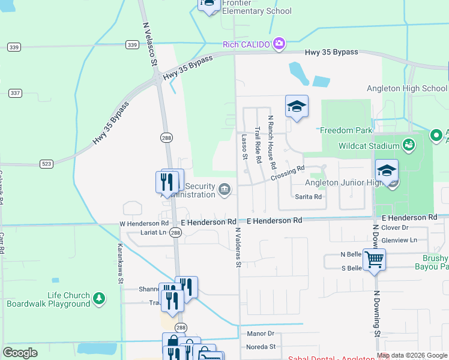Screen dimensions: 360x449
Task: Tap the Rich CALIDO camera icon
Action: coord(279,43)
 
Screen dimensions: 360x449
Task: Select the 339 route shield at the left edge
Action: coord(14,47)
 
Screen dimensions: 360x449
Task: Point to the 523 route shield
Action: coord(47,163)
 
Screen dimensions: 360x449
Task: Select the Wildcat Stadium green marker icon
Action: coord(409,145)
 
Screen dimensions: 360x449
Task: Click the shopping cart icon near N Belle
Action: coord(375,260)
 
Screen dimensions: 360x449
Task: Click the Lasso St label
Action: coord(244,147)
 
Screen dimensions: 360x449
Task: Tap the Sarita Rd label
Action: coord(309,196)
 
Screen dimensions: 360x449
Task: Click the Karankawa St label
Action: coord(120,263)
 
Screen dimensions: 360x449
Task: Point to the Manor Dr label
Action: coord(261,333)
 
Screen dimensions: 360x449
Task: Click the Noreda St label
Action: coord(261,347)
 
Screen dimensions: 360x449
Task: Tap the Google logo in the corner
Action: coord(20,353)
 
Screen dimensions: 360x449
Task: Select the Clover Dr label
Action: coord(394,228)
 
